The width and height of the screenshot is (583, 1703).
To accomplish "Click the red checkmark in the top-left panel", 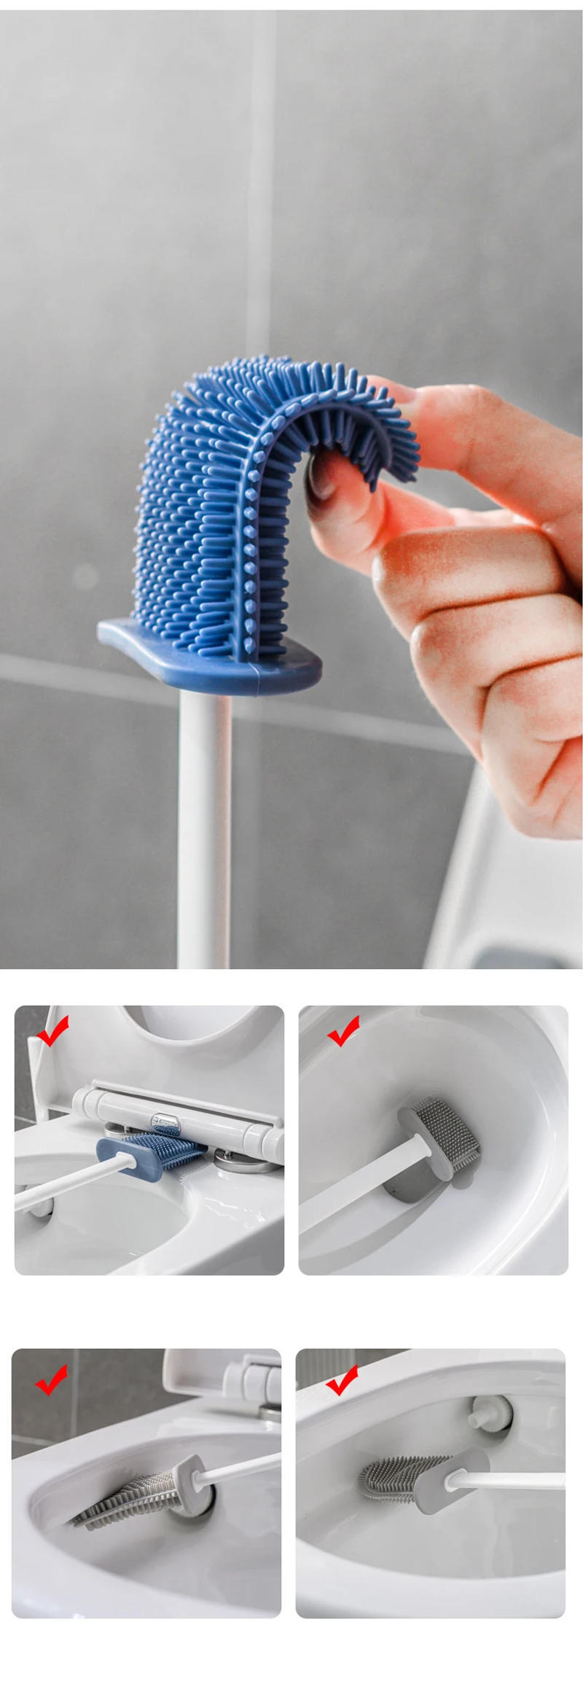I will click(x=52, y=1030).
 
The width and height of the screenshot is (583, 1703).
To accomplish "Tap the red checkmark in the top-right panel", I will click(x=343, y=1030).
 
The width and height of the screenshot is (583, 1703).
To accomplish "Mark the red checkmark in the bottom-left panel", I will click(x=51, y=1379).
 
